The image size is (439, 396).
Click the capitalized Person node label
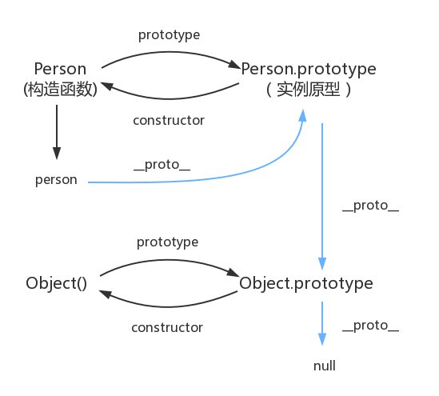[x=60, y=69]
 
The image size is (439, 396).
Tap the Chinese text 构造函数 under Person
[x=60, y=90]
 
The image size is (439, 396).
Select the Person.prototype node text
[x=309, y=70]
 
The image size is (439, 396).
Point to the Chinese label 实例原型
[x=308, y=90]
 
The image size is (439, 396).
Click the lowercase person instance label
[x=56, y=180]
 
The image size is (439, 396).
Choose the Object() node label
[x=56, y=283]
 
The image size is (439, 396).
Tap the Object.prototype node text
[x=306, y=283]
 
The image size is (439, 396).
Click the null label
[x=324, y=366]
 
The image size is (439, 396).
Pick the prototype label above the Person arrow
[x=169, y=35]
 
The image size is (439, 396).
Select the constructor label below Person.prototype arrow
[x=169, y=121]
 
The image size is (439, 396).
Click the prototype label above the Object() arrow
[x=167, y=242]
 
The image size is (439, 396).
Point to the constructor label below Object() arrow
[x=167, y=328]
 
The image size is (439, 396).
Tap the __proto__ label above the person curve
[x=162, y=165]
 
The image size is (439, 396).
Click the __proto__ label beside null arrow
[x=370, y=326]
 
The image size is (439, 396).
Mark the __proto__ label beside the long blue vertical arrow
[x=370, y=206]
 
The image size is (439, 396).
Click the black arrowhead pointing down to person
[x=57, y=153]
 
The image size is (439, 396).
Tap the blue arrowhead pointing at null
[x=322, y=339]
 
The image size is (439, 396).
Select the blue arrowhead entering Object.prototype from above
[x=322, y=263]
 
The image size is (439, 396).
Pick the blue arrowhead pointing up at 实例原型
[x=303, y=115]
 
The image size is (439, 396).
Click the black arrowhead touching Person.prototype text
[x=234, y=65]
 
